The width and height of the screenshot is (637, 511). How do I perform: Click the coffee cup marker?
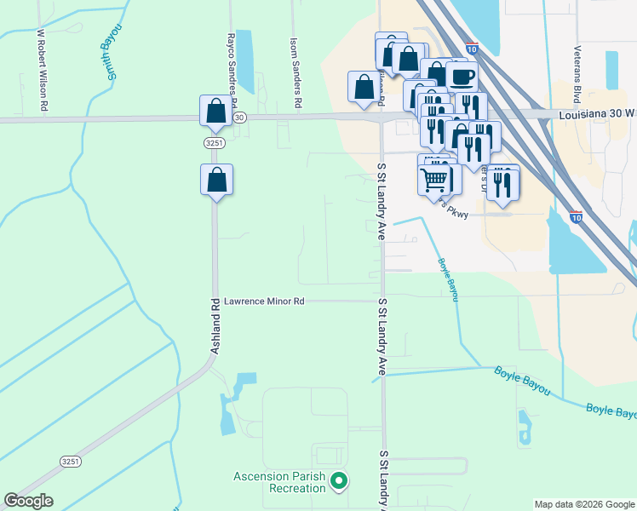(x=462, y=77)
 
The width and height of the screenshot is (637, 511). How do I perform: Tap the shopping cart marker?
(x=434, y=181)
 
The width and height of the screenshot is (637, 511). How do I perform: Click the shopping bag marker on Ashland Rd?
(x=217, y=180)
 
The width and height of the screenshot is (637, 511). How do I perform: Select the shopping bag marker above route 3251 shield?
(x=215, y=110)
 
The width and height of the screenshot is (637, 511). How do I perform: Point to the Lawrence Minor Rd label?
(x=263, y=301)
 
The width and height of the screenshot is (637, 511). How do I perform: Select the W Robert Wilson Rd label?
(x=41, y=71)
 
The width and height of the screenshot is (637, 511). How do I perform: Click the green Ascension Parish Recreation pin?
(x=340, y=482)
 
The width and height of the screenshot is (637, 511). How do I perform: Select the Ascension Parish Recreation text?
(x=280, y=482)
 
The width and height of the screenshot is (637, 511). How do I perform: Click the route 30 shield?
(x=239, y=117)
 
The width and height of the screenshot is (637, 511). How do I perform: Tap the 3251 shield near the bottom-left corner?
(x=71, y=461)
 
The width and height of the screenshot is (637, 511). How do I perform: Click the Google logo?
(x=28, y=501)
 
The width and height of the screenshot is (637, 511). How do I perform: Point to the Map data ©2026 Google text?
(x=583, y=504)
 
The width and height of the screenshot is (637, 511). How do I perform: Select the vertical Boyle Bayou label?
(x=449, y=280)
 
